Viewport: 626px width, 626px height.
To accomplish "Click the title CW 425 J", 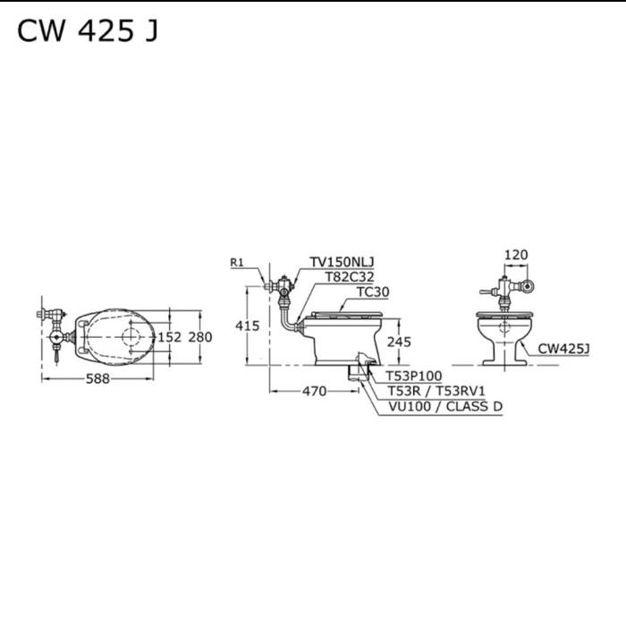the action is [88, 30].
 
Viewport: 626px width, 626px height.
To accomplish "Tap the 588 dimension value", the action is [97, 378].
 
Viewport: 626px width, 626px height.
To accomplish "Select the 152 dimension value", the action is [170, 337].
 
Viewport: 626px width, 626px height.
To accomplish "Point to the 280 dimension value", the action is [200, 337].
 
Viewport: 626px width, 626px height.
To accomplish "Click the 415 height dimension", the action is [248, 326].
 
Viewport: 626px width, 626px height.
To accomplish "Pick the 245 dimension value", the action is [399, 342].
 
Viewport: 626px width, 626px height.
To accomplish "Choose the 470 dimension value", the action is [315, 392].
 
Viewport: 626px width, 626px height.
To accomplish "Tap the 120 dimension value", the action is [516, 255].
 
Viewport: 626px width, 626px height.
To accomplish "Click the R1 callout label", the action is [237, 262].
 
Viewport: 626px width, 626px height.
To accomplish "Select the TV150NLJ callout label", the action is [343, 262].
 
